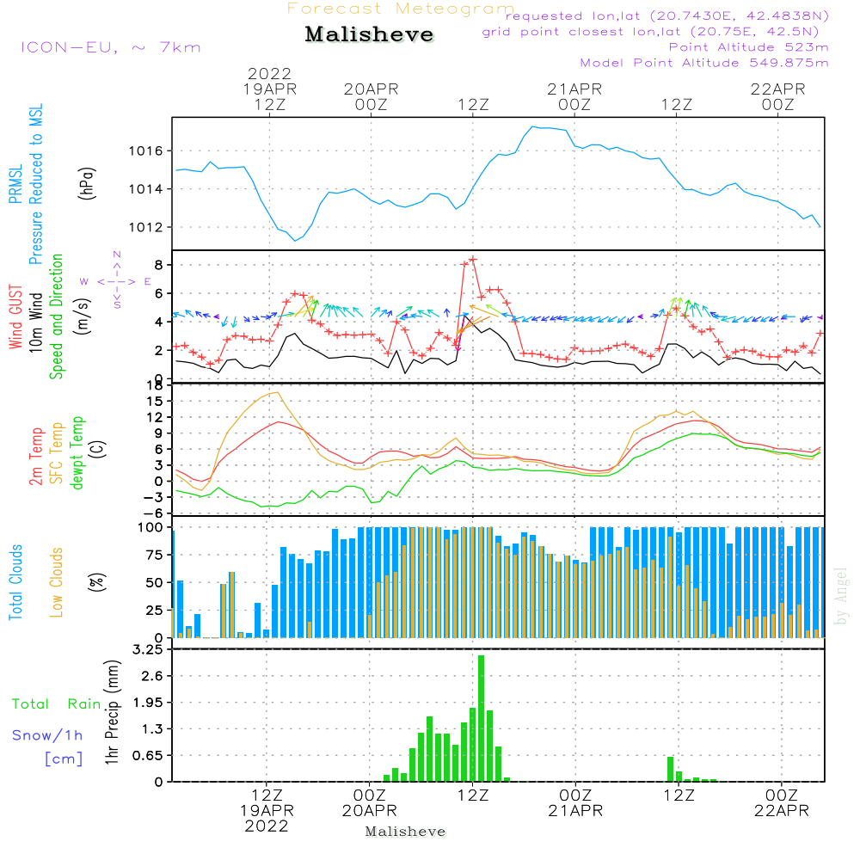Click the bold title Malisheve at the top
coord(369,35)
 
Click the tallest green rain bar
coord(481,718)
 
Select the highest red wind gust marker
coord(472,260)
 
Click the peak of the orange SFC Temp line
coord(277,392)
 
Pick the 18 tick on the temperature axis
coord(155,385)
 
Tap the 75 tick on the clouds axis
coord(152,555)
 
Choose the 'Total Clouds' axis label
coord(16,582)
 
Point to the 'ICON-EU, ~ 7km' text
coord(110,47)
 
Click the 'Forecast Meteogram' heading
coord(401,9)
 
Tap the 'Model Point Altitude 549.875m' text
coord(704,63)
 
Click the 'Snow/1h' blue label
coord(48,735)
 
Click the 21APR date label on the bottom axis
coord(575,810)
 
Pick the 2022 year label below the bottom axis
coord(267,826)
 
